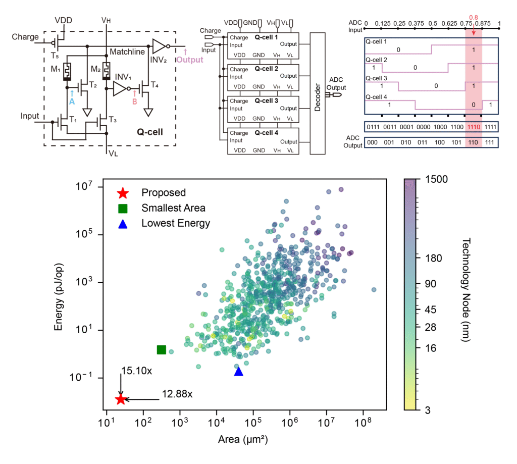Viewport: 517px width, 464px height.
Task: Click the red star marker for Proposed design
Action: [x=120, y=399]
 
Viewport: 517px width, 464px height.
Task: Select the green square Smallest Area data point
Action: [x=162, y=350]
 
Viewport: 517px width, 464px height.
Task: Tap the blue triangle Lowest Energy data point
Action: [x=239, y=372]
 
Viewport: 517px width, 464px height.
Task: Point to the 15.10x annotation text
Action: [x=135, y=371]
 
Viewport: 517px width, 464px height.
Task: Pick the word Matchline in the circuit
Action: [x=126, y=51]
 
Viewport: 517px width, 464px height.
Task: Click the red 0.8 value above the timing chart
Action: [x=473, y=17]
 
